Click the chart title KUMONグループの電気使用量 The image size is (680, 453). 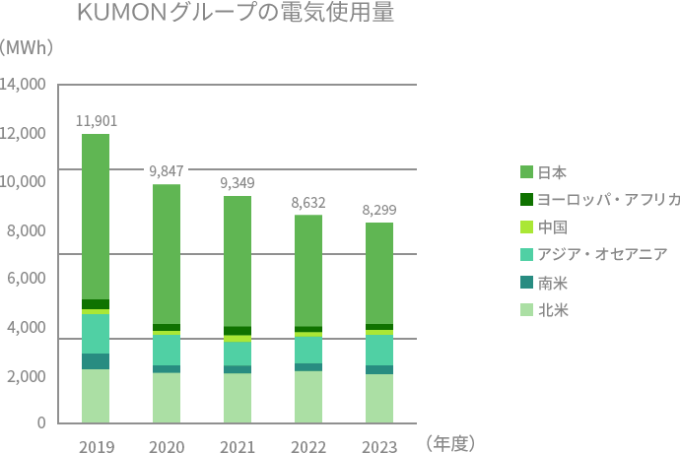(235, 17)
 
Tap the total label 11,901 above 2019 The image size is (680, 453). (96, 121)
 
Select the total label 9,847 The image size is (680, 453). (167, 170)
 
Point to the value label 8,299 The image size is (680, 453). (379, 210)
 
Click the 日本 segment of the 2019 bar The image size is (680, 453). (96, 217)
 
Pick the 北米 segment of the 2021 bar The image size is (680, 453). (238, 398)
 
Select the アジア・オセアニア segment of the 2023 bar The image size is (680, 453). (379, 350)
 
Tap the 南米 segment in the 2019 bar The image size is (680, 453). (96, 361)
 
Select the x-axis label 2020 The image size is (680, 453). (167, 448)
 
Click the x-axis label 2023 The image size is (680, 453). (379, 448)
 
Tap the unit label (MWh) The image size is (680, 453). (27, 47)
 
